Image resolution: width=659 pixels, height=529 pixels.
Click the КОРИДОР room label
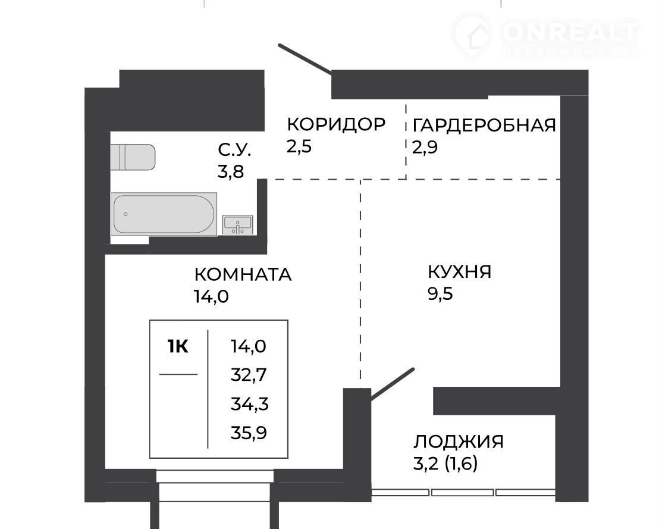click(x=336, y=124)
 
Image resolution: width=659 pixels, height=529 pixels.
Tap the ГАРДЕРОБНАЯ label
click(x=484, y=126)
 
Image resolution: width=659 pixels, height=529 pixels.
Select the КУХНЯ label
click(x=459, y=272)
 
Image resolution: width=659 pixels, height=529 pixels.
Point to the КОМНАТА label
click(x=243, y=274)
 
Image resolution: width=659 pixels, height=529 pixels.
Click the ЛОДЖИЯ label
click(x=459, y=442)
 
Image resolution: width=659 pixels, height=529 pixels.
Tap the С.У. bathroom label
click(x=234, y=150)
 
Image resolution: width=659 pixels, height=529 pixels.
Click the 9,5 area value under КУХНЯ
click(x=441, y=293)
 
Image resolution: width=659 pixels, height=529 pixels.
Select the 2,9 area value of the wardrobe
click(x=425, y=147)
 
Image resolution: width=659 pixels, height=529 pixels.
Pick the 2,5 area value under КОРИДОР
click(x=299, y=147)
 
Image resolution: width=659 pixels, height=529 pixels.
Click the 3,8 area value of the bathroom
click(x=231, y=171)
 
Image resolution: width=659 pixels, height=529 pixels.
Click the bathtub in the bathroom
click(x=164, y=214)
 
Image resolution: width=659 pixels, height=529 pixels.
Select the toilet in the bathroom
click(x=133, y=157)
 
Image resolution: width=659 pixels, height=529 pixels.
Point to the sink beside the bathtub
click(x=238, y=224)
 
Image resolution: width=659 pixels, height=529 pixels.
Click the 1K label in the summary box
click(x=178, y=347)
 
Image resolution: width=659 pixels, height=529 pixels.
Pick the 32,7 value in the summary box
click(x=249, y=375)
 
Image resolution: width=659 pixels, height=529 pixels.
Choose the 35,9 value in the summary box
click(x=249, y=433)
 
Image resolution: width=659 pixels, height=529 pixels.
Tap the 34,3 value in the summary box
click(x=249, y=404)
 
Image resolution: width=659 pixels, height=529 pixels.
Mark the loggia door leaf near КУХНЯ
click(x=392, y=383)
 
